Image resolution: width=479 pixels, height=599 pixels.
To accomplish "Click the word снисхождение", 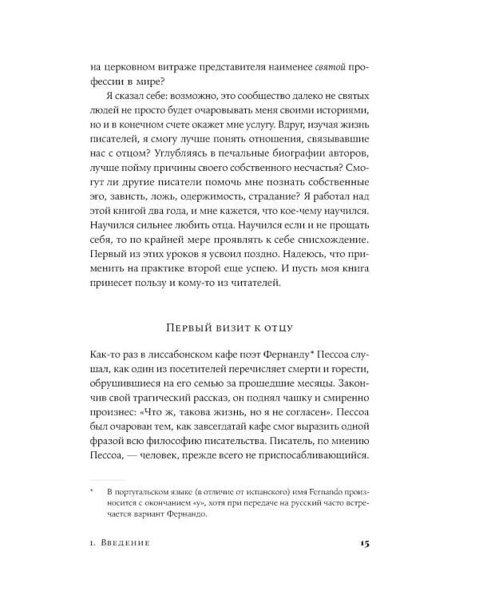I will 329,260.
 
